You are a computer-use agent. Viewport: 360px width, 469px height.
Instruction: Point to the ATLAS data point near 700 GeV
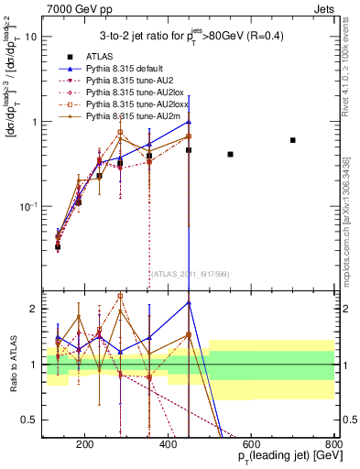[292, 140]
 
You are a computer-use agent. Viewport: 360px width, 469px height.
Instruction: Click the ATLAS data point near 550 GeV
[230, 154]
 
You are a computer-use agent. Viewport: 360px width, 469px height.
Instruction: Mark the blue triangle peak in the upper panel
[188, 122]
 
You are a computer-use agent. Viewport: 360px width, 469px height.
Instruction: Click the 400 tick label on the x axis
[168, 444]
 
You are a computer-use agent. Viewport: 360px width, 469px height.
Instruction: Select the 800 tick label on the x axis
[333, 444]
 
